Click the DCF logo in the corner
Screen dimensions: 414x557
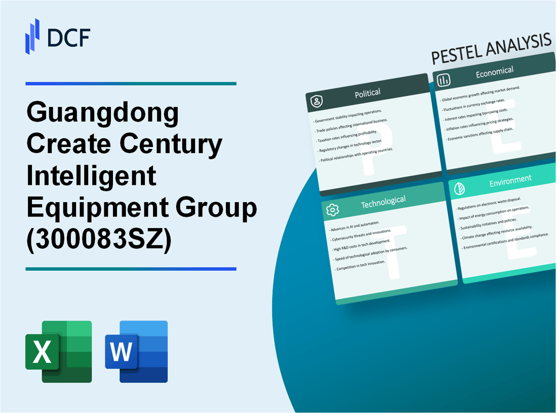57,35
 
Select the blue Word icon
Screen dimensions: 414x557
136,351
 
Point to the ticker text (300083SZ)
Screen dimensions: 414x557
99,237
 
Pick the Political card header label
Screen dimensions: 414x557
368,93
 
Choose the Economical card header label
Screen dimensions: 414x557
494,72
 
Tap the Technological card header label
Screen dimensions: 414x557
383,202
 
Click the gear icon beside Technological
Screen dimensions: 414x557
333,209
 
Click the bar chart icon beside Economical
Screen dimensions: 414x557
444,80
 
